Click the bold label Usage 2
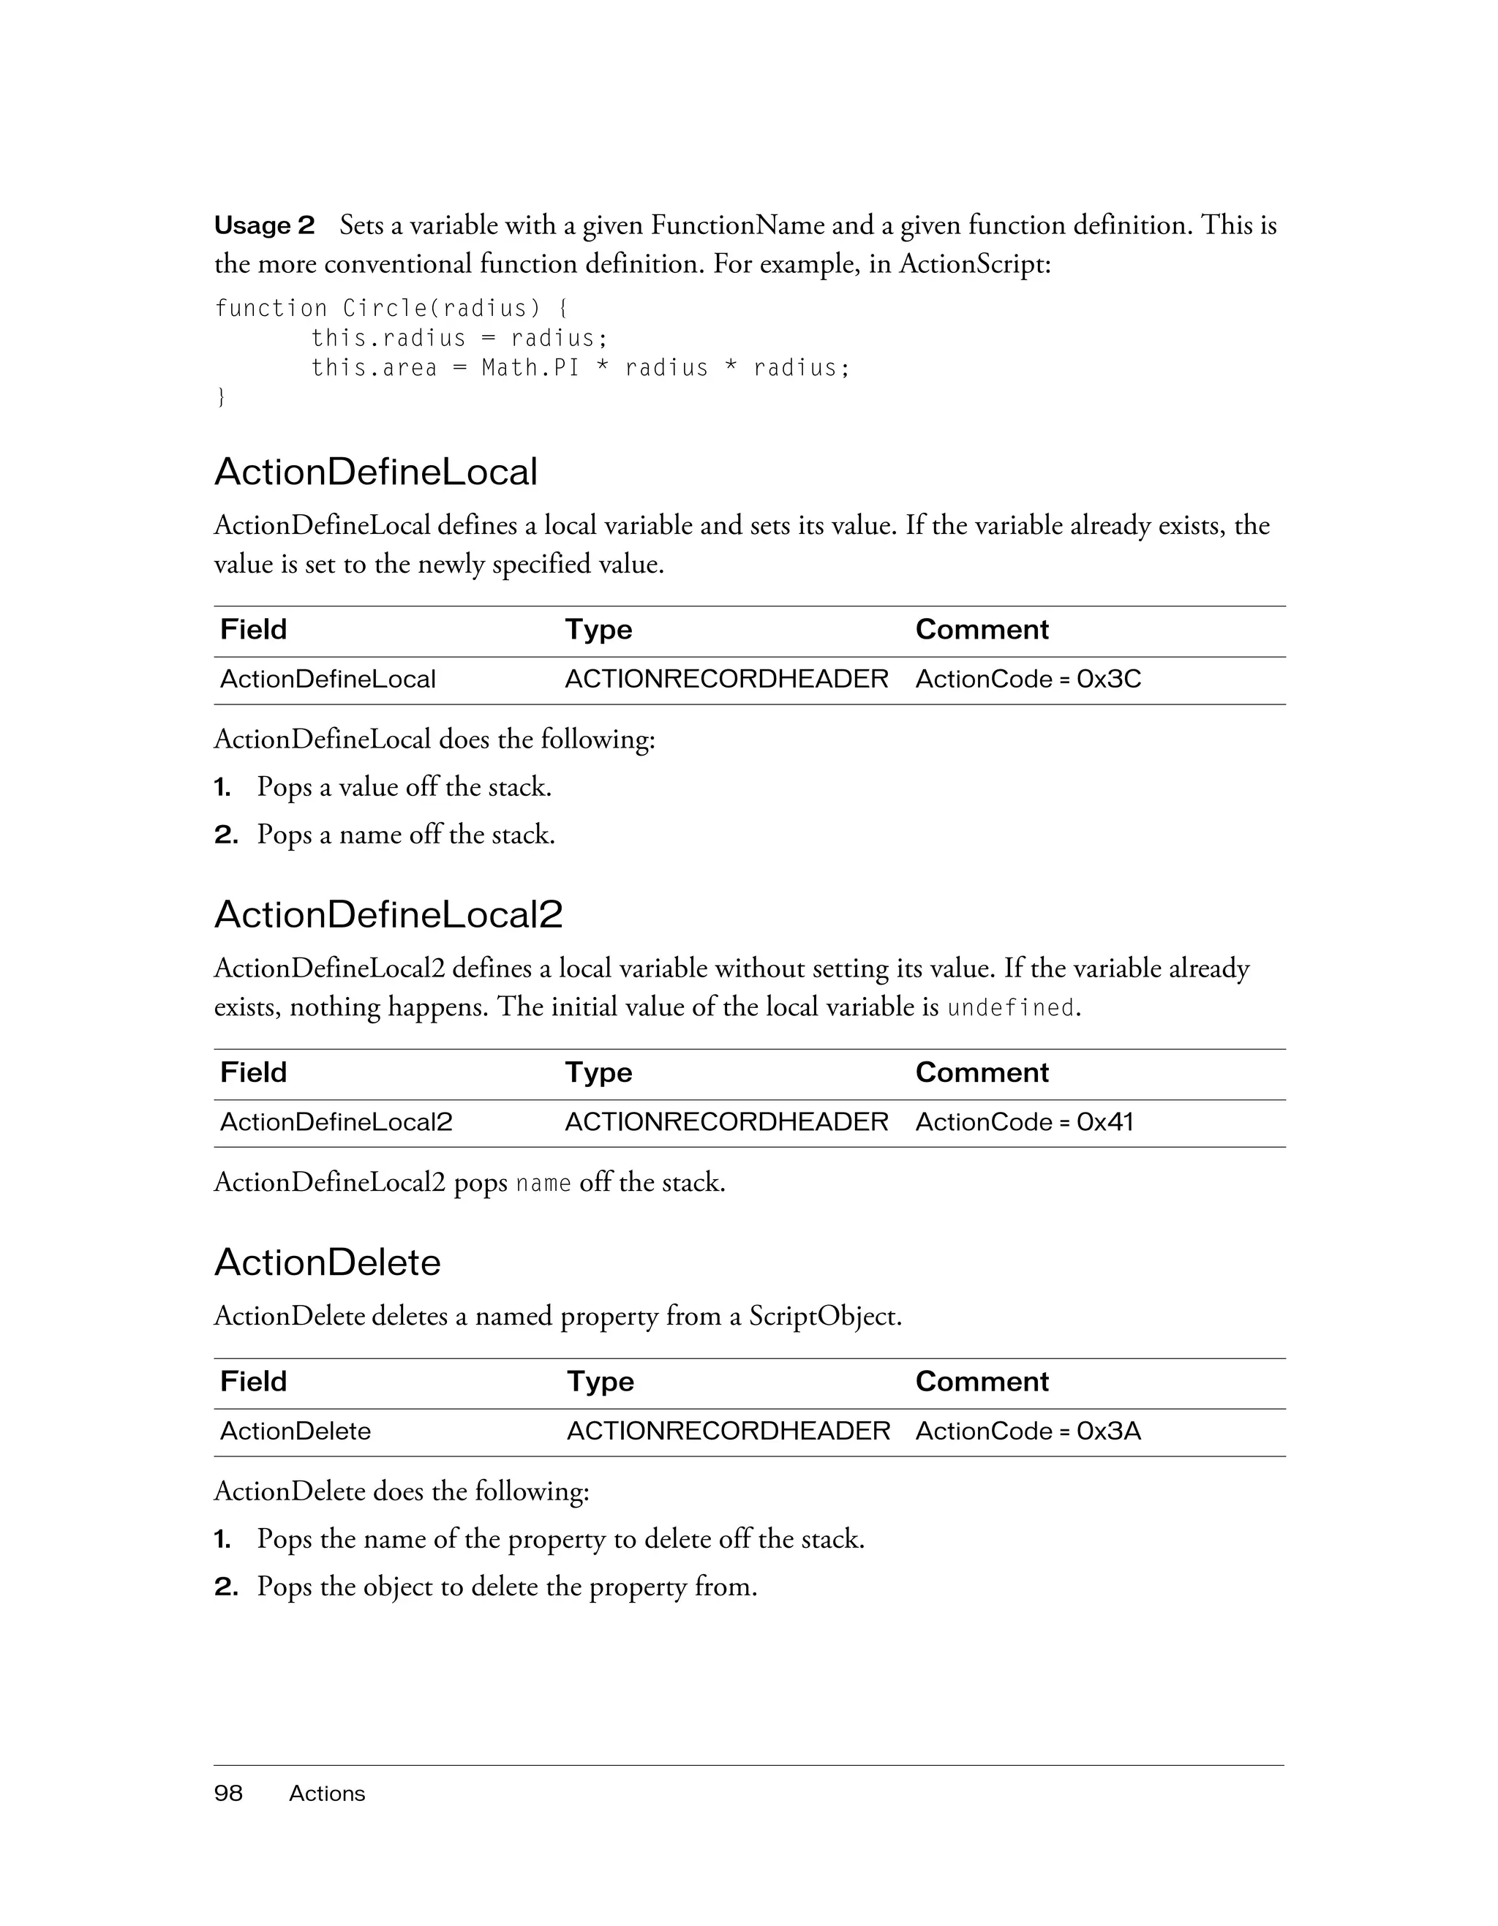point(263,226)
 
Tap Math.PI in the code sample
point(531,368)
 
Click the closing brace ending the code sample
point(220,398)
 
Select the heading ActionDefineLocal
point(376,473)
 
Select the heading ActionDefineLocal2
point(388,915)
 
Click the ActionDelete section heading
point(327,1263)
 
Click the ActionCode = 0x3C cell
point(1028,679)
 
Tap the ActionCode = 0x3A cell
point(1028,1430)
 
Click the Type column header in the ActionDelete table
point(600,1381)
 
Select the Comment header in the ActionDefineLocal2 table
point(982,1072)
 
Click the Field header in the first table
point(253,630)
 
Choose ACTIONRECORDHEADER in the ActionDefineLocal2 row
point(726,1122)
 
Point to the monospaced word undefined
point(1010,1008)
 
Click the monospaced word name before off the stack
point(543,1184)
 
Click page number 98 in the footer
point(228,1794)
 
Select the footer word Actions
point(326,1794)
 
